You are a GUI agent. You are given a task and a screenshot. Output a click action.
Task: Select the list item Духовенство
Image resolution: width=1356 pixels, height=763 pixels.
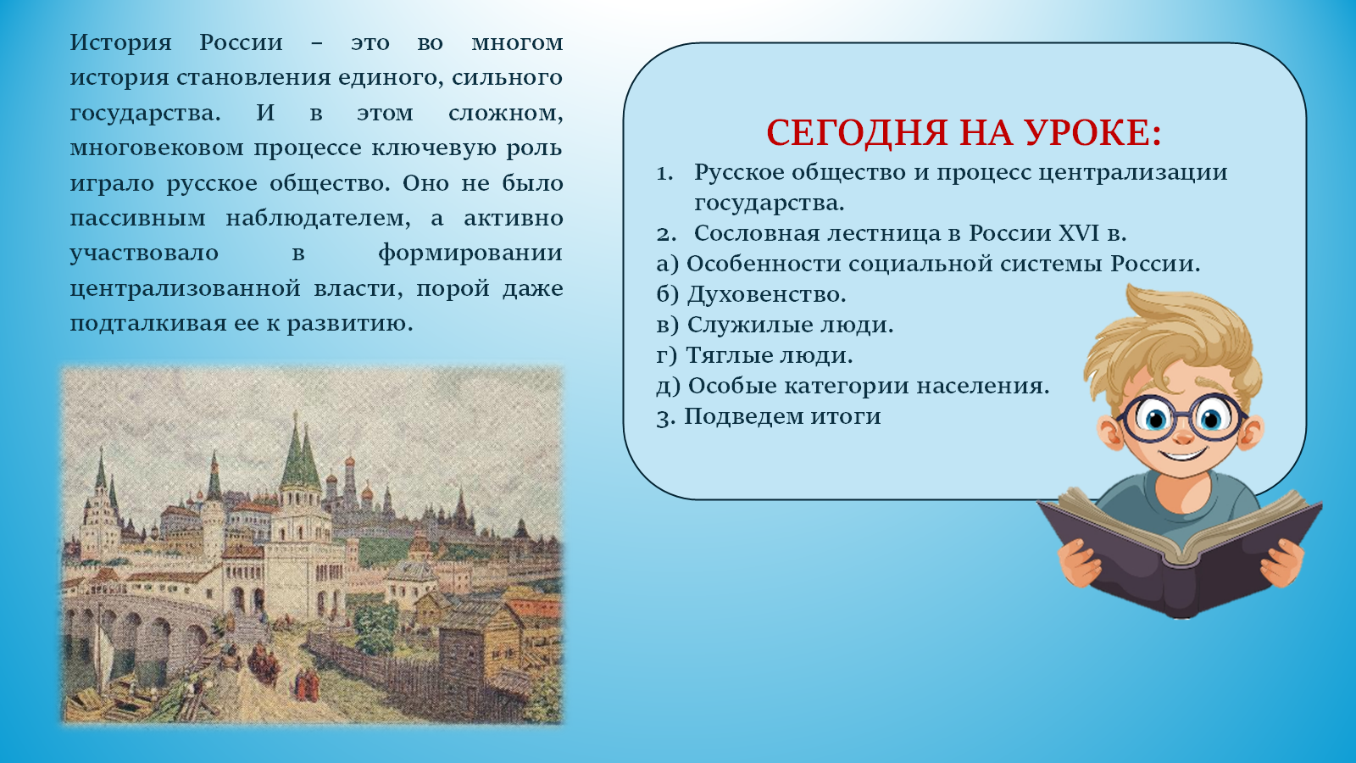coord(751,294)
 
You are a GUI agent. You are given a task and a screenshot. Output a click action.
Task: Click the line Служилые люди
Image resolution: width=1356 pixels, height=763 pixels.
coord(775,325)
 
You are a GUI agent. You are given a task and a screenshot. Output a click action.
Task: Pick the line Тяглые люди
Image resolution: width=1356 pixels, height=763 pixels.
coord(754,355)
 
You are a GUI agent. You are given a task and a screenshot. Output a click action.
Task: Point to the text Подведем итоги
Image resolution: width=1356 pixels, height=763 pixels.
coord(769,416)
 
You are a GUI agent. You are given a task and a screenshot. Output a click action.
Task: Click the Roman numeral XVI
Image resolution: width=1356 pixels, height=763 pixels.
coord(1078,233)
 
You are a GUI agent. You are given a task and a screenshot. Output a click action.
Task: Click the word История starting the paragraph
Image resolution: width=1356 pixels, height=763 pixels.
coord(121,43)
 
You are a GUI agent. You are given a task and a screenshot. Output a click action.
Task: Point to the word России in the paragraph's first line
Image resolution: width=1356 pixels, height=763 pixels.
coord(241,43)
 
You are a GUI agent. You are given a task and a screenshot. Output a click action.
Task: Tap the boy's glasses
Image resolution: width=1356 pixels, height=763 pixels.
coord(1180,418)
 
